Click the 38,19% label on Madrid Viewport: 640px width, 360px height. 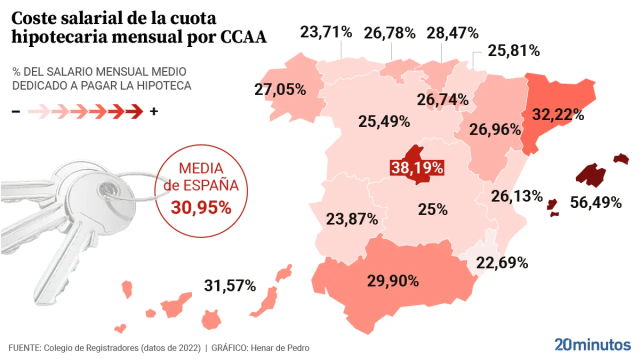pyautogui.click(x=417, y=168)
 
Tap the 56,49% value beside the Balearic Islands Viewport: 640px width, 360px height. pyautogui.click(x=596, y=202)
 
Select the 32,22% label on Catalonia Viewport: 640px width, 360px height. pyautogui.click(x=558, y=114)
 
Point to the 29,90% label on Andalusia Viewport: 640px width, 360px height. pyautogui.click(x=393, y=281)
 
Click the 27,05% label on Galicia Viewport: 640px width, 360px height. pyautogui.click(x=280, y=89)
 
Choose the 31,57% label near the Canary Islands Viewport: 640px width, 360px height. pyautogui.click(x=230, y=286)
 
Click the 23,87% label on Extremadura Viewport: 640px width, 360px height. pyautogui.click(x=351, y=218)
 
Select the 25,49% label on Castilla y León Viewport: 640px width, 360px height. pyautogui.click(x=384, y=121)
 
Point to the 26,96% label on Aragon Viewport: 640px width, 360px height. pyautogui.click(x=495, y=130)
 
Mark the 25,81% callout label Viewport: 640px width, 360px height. pyautogui.click(x=514, y=50)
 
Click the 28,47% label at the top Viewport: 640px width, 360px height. pyautogui.click(x=452, y=33)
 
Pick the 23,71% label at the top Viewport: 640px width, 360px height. pyautogui.click(x=326, y=32)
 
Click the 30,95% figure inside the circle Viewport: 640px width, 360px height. pyautogui.click(x=201, y=207)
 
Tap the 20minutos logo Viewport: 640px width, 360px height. pyautogui.click(x=592, y=344)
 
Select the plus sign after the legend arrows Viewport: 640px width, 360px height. pyautogui.click(x=154, y=111)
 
